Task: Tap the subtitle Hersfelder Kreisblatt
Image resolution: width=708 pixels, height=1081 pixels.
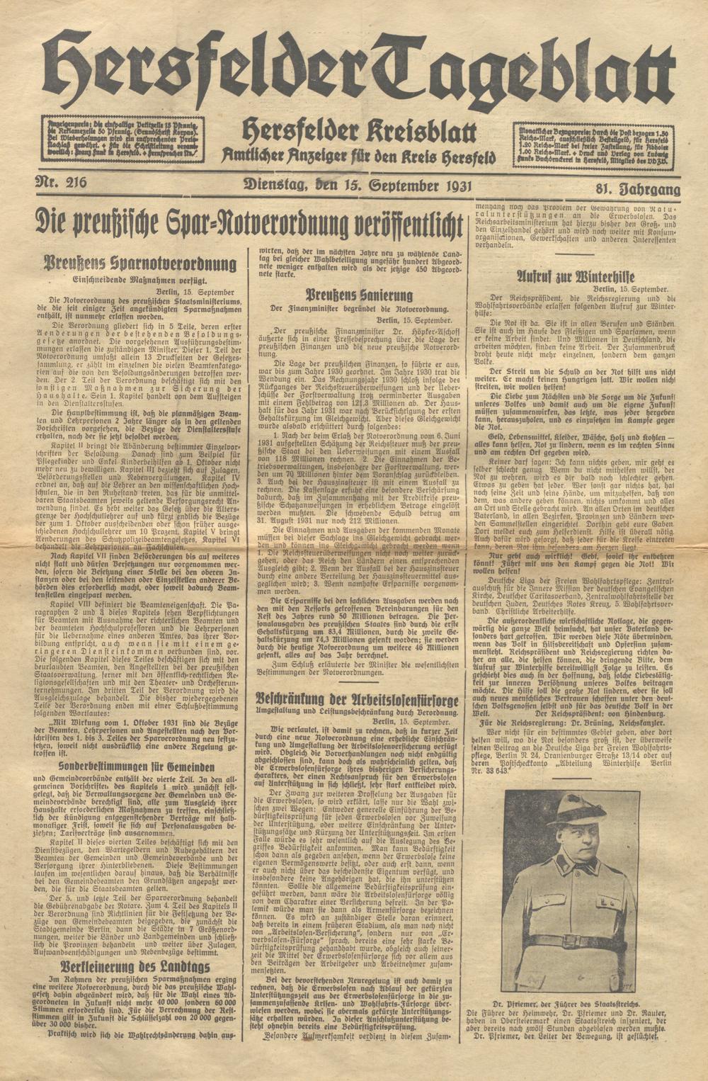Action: (x=359, y=132)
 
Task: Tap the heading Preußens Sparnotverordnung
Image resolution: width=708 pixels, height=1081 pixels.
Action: (x=139, y=265)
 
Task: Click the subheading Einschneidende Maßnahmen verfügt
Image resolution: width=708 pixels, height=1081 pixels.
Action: (x=139, y=281)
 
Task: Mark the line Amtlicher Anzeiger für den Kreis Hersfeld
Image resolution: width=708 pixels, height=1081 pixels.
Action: (x=359, y=155)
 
